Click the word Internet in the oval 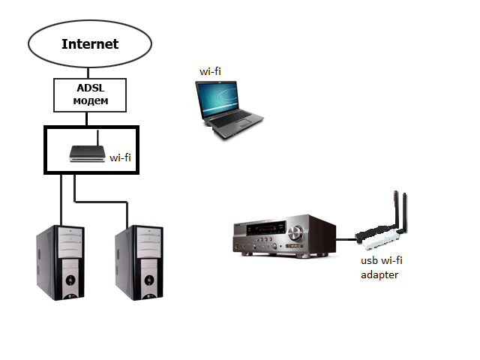coord(90,43)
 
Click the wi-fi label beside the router coord(121,157)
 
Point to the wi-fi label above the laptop coord(210,70)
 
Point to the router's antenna coord(99,139)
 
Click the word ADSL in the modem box coord(90,87)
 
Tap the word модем coord(90,100)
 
